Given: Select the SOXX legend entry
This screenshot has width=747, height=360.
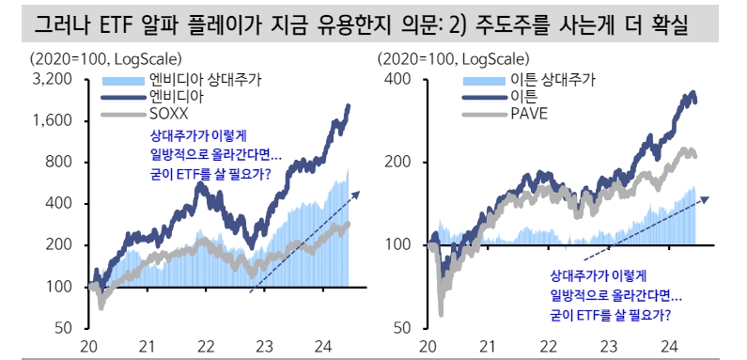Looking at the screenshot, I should point(167,114).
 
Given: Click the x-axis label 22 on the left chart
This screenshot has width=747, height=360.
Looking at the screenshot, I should point(205,347).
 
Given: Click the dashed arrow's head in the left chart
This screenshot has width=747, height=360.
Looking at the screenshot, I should point(358,192).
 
